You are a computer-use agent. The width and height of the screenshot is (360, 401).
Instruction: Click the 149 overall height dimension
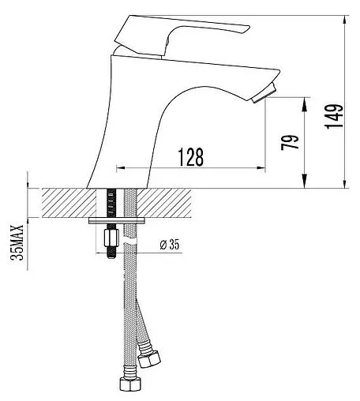tap(334, 116)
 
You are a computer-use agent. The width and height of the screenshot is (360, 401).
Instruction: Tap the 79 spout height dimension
tap(290, 142)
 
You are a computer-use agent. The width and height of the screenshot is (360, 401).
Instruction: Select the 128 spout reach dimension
tap(191, 157)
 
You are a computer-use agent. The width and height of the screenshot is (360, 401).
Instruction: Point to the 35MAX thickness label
tap(17, 242)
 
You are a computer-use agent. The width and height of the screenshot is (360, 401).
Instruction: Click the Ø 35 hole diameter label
tap(170, 245)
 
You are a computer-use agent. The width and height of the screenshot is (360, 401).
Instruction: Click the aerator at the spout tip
tap(264, 94)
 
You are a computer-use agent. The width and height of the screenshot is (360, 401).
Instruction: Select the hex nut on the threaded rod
tap(111, 238)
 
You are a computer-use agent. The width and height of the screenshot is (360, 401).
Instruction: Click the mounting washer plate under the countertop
tap(117, 220)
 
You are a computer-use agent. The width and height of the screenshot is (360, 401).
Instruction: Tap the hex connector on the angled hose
tap(149, 358)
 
